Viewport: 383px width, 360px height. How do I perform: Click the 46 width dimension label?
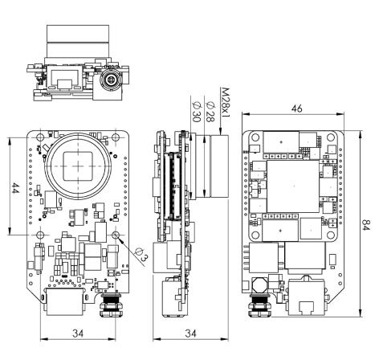[x=296, y=108]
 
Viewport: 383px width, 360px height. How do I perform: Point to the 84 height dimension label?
[x=366, y=225]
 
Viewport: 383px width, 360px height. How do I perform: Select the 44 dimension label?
[x=15, y=188]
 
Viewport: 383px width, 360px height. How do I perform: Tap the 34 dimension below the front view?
[x=78, y=333]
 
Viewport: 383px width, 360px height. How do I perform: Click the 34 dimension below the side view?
[x=190, y=333]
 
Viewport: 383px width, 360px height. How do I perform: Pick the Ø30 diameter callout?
[x=196, y=112]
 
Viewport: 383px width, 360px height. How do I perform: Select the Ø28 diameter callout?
[x=210, y=112]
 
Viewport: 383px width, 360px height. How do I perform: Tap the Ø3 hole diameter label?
[x=141, y=255]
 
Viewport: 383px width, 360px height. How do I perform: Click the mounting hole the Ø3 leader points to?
[x=116, y=235]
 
